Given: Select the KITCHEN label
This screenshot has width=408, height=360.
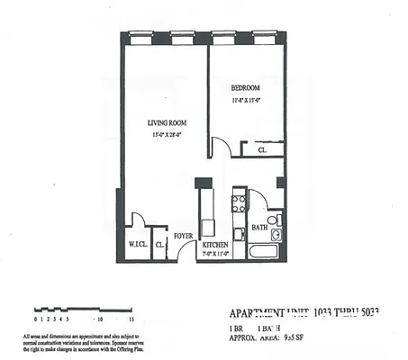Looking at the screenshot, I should click(x=214, y=245).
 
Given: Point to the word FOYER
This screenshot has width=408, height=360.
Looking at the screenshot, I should click(x=184, y=236).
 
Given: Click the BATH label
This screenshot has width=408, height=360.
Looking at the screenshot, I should click(x=258, y=228).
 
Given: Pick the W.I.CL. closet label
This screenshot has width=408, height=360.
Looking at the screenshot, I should click(x=137, y=245).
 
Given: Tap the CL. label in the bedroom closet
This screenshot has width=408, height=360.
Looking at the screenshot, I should click(x=261, y=150).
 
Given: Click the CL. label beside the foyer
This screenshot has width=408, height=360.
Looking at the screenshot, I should click(x=159, y=244).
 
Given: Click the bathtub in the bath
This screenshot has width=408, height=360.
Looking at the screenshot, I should click(x=265, y=249).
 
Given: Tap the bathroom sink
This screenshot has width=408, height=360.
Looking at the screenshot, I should click(x=276, y=236).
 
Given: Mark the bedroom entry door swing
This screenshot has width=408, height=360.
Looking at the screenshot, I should click(x=221, y=146).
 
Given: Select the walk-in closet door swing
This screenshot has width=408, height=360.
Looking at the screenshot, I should click(x=137, y=219).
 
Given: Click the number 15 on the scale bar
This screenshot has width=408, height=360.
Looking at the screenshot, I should click(x=131, y=319).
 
